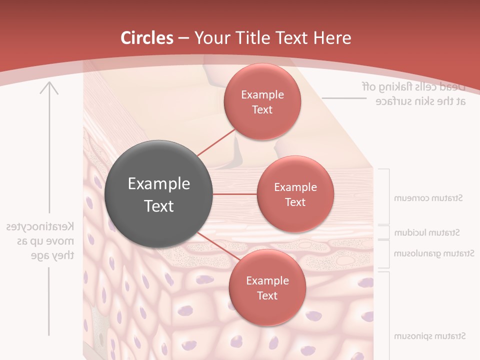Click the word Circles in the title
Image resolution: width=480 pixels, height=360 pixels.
[x=147, y=38]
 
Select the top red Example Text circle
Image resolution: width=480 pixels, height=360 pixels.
[x=262, y=101]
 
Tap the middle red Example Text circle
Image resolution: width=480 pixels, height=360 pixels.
[x=295, y=194]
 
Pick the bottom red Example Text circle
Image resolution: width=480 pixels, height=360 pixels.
[x=267, y=287]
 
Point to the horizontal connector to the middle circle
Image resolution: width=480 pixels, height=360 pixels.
[x=234, y=193]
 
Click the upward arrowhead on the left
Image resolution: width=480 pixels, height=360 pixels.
[x=49, y=88]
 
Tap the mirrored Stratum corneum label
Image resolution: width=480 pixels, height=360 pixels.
[x=428, y=198]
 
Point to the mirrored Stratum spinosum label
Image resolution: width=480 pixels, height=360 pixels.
[x=429, y=335]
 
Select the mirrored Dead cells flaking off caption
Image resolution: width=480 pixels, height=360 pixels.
[x=414, y=93]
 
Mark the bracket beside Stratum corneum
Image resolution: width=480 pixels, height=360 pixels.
[x=387, y=196]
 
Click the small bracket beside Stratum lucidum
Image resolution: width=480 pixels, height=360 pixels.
[x=387, y=232]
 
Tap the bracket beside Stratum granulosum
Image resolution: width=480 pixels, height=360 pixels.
[x=387, y=254]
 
